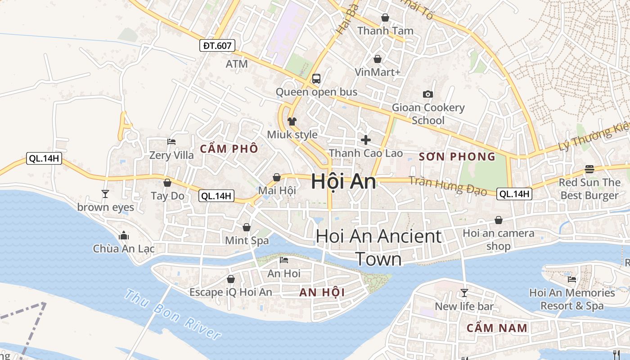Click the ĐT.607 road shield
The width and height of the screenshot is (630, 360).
tap(217, 45)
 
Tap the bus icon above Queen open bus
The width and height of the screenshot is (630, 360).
tap(316, 79)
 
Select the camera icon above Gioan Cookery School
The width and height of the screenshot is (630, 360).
tap(427, 94)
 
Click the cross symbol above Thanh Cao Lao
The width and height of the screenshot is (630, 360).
tap(366, 139)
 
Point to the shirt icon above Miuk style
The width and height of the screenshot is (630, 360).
tap(292, 121)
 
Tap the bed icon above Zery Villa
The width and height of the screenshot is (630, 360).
tap(171, 142)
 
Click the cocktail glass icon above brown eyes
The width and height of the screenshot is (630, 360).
tap(105, 193)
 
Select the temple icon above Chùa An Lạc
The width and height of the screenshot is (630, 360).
tap(124, 235)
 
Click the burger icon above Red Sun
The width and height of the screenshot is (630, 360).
tap(589, 169)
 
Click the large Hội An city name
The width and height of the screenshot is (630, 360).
tap(343, 181)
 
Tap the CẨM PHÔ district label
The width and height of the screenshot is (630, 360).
tap(229, 149)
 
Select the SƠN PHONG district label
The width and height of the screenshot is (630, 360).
tap(457, 157)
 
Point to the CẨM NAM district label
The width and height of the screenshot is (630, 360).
tap(497, 328)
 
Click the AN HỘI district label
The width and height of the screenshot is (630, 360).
tap(322, 292)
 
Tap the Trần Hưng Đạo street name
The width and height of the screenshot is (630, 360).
tap(448, 185)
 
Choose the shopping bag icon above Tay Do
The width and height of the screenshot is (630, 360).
tap(167, 183)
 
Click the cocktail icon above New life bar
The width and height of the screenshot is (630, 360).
tap(464, 293)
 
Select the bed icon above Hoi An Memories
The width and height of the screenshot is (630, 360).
tap(572, 279)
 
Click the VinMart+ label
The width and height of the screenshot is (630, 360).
tap(378, 72)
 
